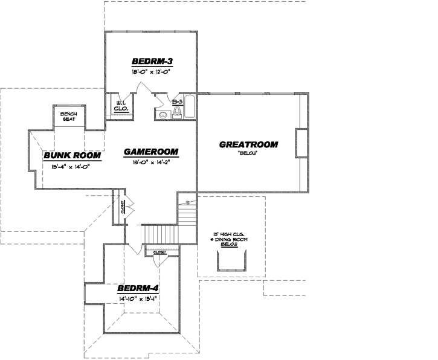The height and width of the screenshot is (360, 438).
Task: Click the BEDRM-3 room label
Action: [149, 61]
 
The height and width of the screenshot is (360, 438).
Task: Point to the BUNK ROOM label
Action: [71, 156]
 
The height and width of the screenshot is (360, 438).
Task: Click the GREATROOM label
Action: [248, 144]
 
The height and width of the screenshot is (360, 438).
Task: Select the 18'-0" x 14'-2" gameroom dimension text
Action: [152, 162]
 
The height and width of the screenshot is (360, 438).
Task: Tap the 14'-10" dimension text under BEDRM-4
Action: [137, 298]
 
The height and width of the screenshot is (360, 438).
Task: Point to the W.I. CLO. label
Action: [120, 106]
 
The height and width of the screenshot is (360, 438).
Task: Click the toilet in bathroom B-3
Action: [177, 112]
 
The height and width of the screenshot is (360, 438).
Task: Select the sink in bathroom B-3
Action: [161, 114]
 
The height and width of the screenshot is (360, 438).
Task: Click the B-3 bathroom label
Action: [177, 101]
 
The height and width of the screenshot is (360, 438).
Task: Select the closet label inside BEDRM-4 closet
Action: [159, 252]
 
